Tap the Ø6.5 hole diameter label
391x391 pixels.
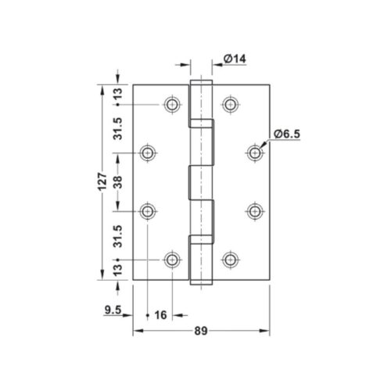(x=287, y=135)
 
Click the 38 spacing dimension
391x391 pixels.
(x=117, y=181)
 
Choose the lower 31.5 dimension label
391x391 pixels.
(x=117, y=235)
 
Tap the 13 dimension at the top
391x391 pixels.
(x=117, y=95)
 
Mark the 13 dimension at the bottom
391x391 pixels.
(x=117, y=268)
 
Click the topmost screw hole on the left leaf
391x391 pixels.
(x=173, y=105)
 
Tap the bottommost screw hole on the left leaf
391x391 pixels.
(x=173, y=259)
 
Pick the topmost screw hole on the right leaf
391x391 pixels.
(x=230, y=105)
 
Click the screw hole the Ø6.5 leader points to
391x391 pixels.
(x=255, y=152)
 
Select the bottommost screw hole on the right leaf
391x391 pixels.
(x=230, y=259)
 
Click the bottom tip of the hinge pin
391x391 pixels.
(x=202, y=284)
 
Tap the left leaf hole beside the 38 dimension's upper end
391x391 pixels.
(x=148, y=152)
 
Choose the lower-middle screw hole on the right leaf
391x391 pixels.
(x=255, y=210)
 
